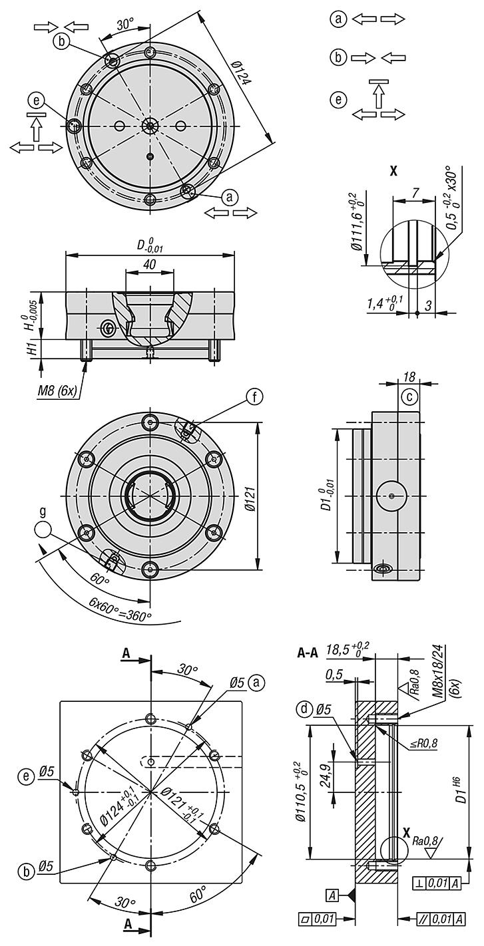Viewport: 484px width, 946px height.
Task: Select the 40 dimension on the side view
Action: (x=149, y=263)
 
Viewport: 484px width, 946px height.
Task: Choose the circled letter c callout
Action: (x=411, y=397)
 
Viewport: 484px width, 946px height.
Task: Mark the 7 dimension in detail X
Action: (x=415, y=192)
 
